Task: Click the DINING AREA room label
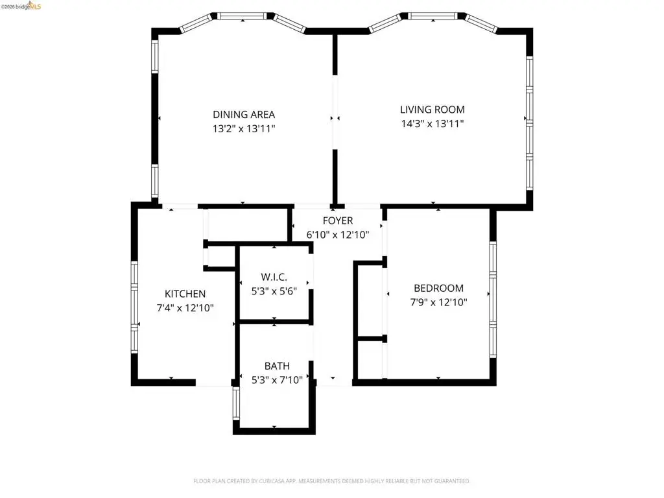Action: [x=244, y=114]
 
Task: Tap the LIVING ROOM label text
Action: [x=433, y=109]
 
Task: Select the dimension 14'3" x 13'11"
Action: [x=433, y=124]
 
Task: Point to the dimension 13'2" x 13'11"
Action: [x=244, y=129]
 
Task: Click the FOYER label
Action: [x=337, y=220]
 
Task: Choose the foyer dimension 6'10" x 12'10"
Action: [x=337, y=235]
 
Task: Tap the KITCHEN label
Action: [x=185, y=294]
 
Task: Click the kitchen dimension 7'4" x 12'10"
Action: [x=185, y=308]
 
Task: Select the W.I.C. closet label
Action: [x=274, y=277]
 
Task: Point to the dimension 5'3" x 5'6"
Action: [x=274, y=291]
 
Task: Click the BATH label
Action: [x=277, y=366]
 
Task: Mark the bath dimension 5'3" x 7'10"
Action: [x=277, y=380]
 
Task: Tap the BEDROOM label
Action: [x=438, y=289]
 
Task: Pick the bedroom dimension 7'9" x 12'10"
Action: [x=438, y=302]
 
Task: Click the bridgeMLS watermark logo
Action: [x=21, y=6]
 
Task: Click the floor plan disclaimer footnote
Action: [x=331, y=481]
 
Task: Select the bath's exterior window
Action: [x=236, y=403]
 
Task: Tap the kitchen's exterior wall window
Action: [x=134, y=307]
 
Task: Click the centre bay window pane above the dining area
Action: [x=243, y=16]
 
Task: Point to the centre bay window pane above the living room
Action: [x=433, y=16]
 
